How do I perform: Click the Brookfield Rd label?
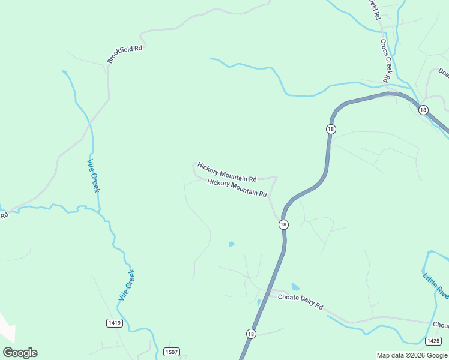[x=125, y=54]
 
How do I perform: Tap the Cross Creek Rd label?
[x=385, y=61]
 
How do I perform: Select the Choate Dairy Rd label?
[x=300, y=302]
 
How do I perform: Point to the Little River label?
[x=436, y=286]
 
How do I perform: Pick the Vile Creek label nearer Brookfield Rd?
[x=94, y=176]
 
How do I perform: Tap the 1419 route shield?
[x=115, y=323]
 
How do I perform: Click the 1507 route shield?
[x=171, y=352]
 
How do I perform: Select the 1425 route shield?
[x=433, y=341]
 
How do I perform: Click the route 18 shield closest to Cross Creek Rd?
[x=423, y=110]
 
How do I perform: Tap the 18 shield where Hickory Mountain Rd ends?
[x=283, y=224]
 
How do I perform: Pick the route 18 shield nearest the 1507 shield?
[x=251, y=334]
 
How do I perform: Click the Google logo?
[x=20, y=353]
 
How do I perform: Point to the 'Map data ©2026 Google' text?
[x=412, y=355]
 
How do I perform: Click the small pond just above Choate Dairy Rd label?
[x=295, y=287]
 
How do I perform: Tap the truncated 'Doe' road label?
[x=444, y=73]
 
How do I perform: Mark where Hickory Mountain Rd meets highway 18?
[x=280, y=218]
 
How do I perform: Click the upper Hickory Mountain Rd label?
[x=227, y=172]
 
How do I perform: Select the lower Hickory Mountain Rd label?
[x=237, y=188]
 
